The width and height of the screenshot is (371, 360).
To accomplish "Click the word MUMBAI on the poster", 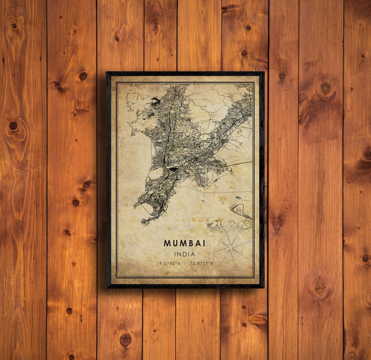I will pos(185,244).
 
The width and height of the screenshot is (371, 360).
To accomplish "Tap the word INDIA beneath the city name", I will pos(185,254).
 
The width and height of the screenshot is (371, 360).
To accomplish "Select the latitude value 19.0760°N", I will pos(169,264).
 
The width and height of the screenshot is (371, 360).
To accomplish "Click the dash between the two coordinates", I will pos(184,264).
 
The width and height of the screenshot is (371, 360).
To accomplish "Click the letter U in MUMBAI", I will pos(174,244).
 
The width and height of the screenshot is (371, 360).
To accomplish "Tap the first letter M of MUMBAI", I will pos(167,244).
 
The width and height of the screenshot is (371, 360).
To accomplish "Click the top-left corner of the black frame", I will pos(107,72).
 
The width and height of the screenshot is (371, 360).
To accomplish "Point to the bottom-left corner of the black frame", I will pos(107,287).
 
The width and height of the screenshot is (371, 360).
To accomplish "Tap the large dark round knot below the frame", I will pos(125,339).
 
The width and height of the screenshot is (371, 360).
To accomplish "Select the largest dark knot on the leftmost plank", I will pos(14,126).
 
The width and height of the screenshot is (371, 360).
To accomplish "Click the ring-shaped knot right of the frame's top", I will pos(325,87).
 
